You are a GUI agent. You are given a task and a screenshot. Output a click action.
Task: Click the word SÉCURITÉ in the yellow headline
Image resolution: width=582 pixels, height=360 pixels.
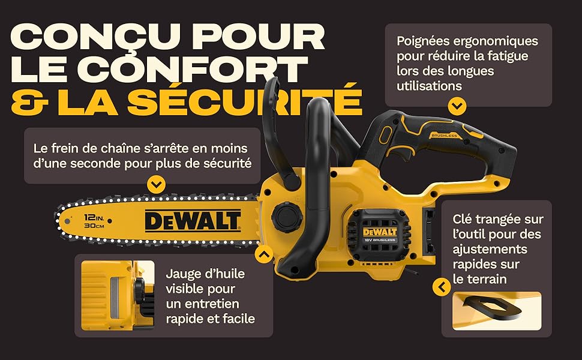point(244,100)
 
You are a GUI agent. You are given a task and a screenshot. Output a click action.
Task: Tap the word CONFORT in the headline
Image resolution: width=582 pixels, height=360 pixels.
point(194,69)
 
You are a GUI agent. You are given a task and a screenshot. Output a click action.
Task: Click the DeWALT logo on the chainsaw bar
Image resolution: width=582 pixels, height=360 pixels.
point(193,221)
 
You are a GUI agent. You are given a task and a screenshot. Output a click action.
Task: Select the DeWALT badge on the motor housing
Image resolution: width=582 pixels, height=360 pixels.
point(380,232)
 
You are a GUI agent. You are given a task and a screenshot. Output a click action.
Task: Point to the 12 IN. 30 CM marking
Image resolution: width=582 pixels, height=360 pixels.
point(94,221)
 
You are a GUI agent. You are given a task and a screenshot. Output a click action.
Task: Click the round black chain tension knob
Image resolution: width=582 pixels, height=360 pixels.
point(287,216)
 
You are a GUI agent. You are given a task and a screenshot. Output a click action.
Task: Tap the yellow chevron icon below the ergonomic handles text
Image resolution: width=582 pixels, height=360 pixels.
point(457,107)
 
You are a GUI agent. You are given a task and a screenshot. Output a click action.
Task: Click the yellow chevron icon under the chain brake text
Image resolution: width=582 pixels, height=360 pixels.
point(156,184)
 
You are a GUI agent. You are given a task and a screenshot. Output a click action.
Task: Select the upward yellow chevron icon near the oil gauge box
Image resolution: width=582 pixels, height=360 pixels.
point(264,254)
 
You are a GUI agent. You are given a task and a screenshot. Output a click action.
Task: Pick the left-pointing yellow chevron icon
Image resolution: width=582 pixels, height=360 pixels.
point(442,287)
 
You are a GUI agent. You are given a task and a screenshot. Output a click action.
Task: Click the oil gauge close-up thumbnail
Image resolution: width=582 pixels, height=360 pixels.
point(118,295)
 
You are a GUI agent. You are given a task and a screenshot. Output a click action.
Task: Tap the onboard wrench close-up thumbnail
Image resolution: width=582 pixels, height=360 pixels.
point(497,311)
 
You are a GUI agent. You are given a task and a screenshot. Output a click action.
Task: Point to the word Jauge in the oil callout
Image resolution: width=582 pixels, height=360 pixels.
point(184,274)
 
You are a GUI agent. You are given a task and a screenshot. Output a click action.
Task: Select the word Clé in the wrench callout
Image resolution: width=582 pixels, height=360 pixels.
point(462,219)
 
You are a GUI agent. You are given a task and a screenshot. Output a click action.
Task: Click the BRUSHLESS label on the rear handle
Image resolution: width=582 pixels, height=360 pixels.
point(444,136)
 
